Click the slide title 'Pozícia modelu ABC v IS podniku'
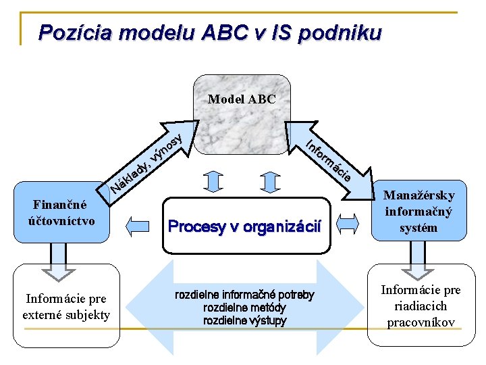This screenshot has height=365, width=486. click(x=210, y=32)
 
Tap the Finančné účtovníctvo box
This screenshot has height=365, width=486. click(x=61, y=212)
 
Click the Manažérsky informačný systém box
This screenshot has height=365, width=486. click(x=418, y=211)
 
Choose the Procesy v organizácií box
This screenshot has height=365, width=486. click(x=244, y=226)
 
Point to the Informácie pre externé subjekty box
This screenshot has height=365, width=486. click(x=66, y=306)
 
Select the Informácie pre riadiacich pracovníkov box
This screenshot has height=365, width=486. click(x=421, y=306)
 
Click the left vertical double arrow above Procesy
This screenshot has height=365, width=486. click(x=213, y=181)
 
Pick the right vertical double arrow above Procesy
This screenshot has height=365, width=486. click(x=270, y=181)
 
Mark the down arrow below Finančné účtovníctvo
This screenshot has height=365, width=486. click(x=59, y=260)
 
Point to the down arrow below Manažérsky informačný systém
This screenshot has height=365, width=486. click(x=418, y=260)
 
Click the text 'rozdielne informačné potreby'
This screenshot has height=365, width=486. click(x=244, y=295)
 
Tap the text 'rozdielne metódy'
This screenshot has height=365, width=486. click(x=244, y=308)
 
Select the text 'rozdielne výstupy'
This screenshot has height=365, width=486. click(x=244, y=320)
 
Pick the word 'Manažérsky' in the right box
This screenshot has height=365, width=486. click(x=419, y=195)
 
